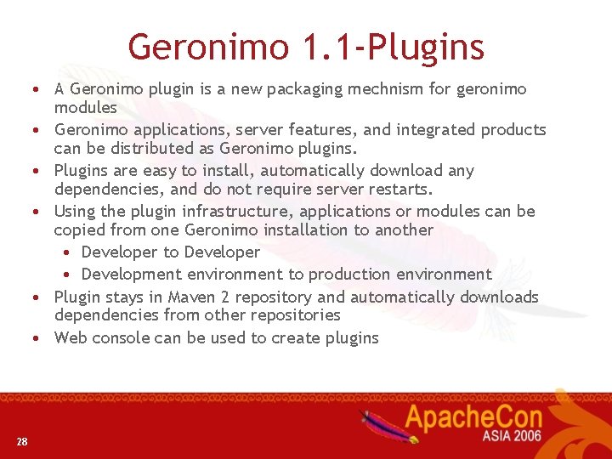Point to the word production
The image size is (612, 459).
[x=348, y=275]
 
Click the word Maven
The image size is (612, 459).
[x=191, y=297]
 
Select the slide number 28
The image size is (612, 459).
[x=21, y=440]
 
